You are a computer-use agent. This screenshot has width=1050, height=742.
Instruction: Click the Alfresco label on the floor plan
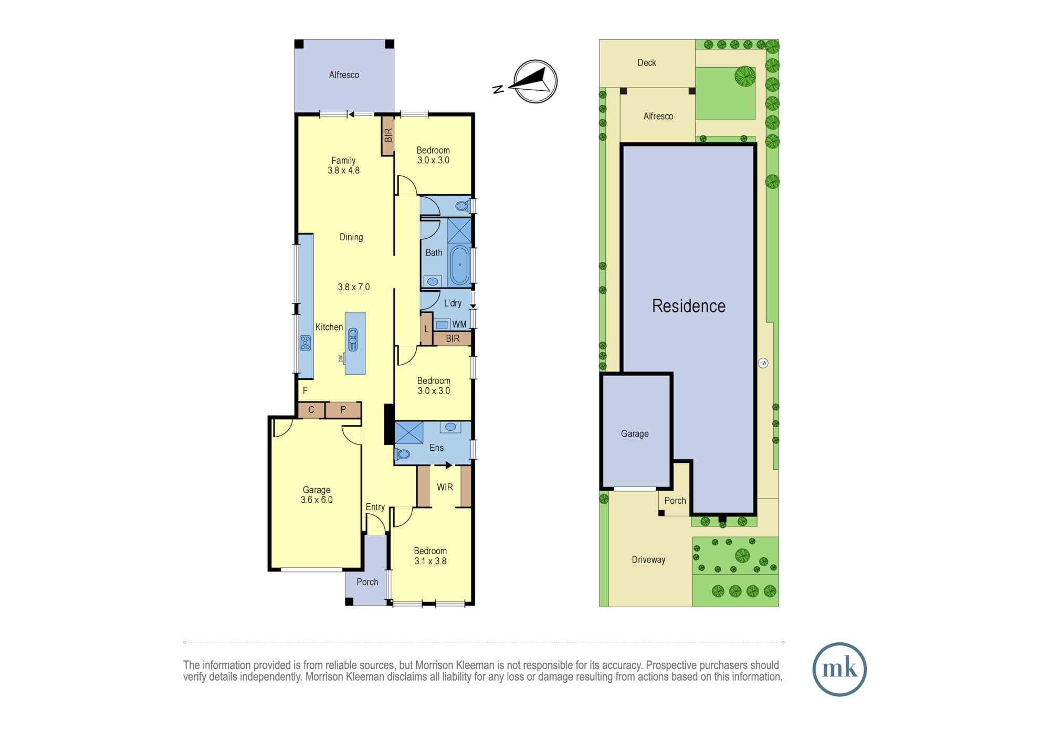[x=344, y=75]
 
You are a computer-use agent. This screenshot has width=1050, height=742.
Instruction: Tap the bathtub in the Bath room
[x=460, y=265]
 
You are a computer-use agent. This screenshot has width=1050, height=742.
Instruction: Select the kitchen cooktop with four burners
[x=305, y=343]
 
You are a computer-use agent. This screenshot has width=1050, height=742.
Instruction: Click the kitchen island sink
[x=353, y=340]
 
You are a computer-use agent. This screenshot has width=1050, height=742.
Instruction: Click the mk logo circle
[x=839, y=669]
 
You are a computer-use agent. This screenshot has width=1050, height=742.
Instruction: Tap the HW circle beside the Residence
[x=763, y=363]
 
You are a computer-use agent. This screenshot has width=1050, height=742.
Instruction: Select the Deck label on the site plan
[x=646, y=63]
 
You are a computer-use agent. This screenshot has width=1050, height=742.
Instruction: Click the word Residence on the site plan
[x=688, y=306]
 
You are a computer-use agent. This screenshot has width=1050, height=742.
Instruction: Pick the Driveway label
[x=648, y=559]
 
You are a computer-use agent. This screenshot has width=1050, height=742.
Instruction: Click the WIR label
[x=445, y=487]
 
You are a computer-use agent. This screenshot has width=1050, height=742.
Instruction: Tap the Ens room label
[x=436, y=448]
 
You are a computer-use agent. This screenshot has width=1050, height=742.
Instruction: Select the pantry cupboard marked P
[x=343, y=410]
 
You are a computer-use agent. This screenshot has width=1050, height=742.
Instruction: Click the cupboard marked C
[x=311, y=410]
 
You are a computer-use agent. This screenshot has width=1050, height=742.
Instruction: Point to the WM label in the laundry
[x=459, y=324]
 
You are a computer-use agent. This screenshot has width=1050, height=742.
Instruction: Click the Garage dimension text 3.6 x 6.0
[x=317, y=500]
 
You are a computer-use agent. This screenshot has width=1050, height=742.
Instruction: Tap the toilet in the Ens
[x=403, y=454]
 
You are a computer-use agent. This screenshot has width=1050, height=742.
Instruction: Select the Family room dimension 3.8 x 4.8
[x=343, y=171]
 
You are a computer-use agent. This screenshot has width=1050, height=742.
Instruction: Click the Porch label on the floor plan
[x=367, y=582]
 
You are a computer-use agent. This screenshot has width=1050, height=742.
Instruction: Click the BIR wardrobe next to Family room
[x=388, y=135]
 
